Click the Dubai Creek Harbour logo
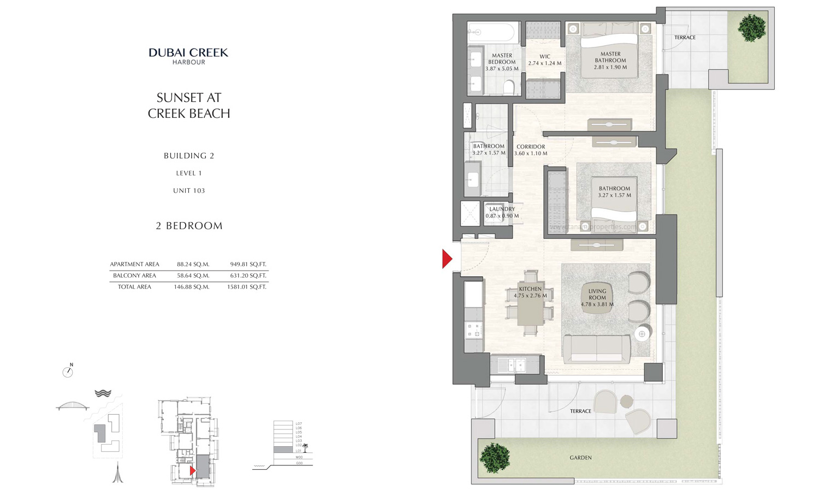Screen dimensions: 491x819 tap(188, 56)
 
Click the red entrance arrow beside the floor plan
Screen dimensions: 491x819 tap(447, 259)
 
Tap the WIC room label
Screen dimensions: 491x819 tap(544, 60)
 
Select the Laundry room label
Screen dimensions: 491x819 tap(502, 212)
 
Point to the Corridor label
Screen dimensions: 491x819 tap(531, 150)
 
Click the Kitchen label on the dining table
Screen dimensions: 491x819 tap(530, 292)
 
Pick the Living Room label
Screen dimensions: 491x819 tap(597, 298)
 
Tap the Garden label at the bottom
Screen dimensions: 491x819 tap(580, 458)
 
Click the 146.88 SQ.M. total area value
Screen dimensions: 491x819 tap(192, 286)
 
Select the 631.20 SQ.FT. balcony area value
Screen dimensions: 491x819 tap(246, 276)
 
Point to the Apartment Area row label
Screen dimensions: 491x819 tap(134, 264)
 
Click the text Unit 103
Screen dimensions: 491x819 tap(189, 190)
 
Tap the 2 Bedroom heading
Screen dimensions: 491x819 tap(189, 226)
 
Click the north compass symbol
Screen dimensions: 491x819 tap(68, 372)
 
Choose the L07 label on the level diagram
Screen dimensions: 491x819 tap(298, 423)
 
